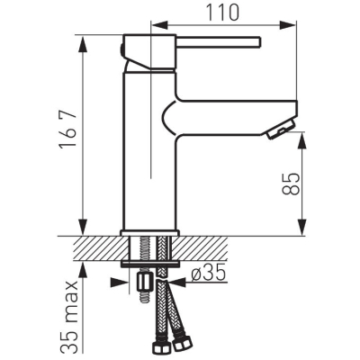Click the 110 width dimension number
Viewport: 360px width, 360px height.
click(223, 13)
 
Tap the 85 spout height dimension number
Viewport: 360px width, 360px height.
click(291, 184)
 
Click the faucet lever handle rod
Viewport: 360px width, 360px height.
click(218, 42)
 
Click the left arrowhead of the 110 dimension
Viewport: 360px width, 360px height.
click(158, 25)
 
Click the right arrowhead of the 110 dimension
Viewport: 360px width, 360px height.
click(288, 25)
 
